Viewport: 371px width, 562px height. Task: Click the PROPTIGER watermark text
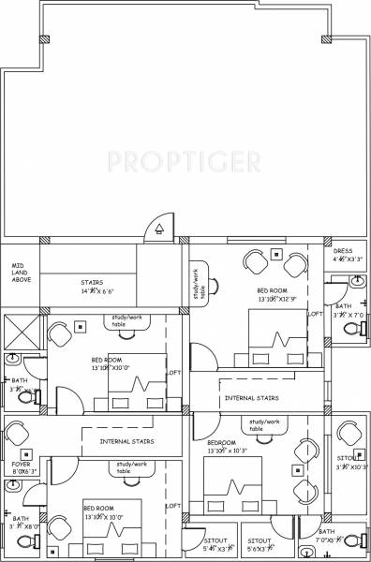pos(184,163)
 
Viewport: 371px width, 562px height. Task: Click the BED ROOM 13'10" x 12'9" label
pos(276,296)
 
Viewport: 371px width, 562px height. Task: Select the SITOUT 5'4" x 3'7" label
pos(218,545)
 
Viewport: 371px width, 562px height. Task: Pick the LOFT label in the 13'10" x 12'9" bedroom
pos(315,315)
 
